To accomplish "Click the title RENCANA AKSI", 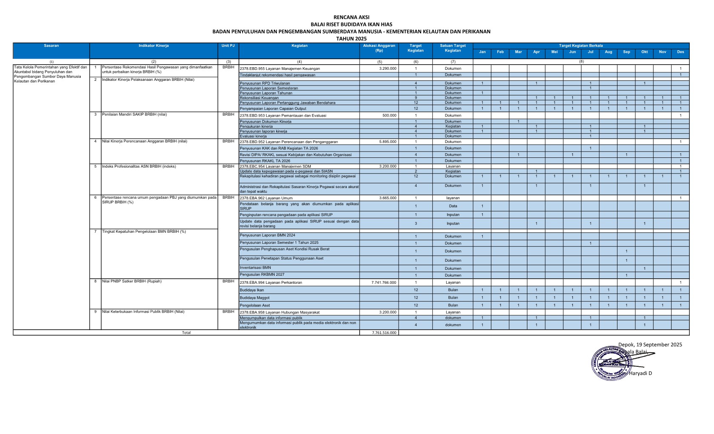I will (351, 17).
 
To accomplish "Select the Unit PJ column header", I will (228, 46).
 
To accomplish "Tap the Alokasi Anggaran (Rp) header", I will (379, 48).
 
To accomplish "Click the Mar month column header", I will (518, 52).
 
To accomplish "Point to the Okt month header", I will (644, 52).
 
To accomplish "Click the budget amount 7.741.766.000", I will (384, 283).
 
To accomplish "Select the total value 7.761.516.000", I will (384, 333).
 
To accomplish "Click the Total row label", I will (186, 333).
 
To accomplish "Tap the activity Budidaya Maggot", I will (255, 298).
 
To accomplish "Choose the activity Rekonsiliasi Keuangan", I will (259, 98).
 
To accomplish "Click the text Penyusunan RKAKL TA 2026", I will (265, 161).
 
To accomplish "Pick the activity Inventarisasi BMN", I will (255, 268).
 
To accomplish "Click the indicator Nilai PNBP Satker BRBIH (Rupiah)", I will (132, 281).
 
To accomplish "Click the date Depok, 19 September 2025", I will (650, 345).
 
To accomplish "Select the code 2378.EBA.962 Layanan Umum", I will (266, 198).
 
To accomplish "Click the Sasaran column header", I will (51, 46).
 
